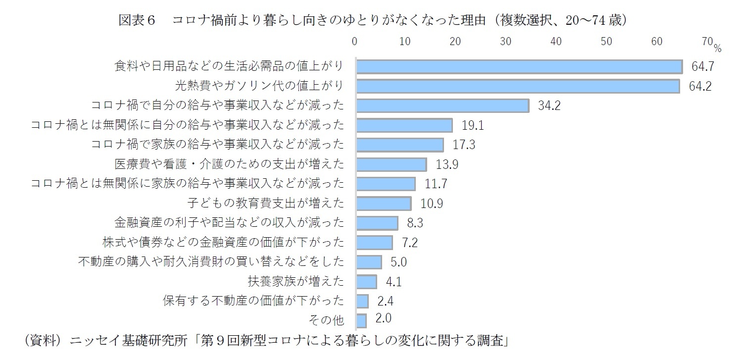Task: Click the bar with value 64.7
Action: pos(519,66)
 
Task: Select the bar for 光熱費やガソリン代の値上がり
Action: pos(518,86)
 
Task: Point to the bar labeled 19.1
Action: pos(404,125)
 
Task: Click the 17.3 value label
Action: pos(464,145)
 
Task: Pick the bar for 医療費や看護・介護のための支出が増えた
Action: pos(391,164)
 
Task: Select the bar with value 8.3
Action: pos(377,223)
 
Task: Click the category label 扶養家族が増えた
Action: pos(296,282)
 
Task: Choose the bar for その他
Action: pos(361,320)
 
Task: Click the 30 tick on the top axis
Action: pos(505,42)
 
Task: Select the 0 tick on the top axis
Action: pos(354,42)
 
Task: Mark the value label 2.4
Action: pos(385,301)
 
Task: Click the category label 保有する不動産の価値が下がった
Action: pos(253,301)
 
